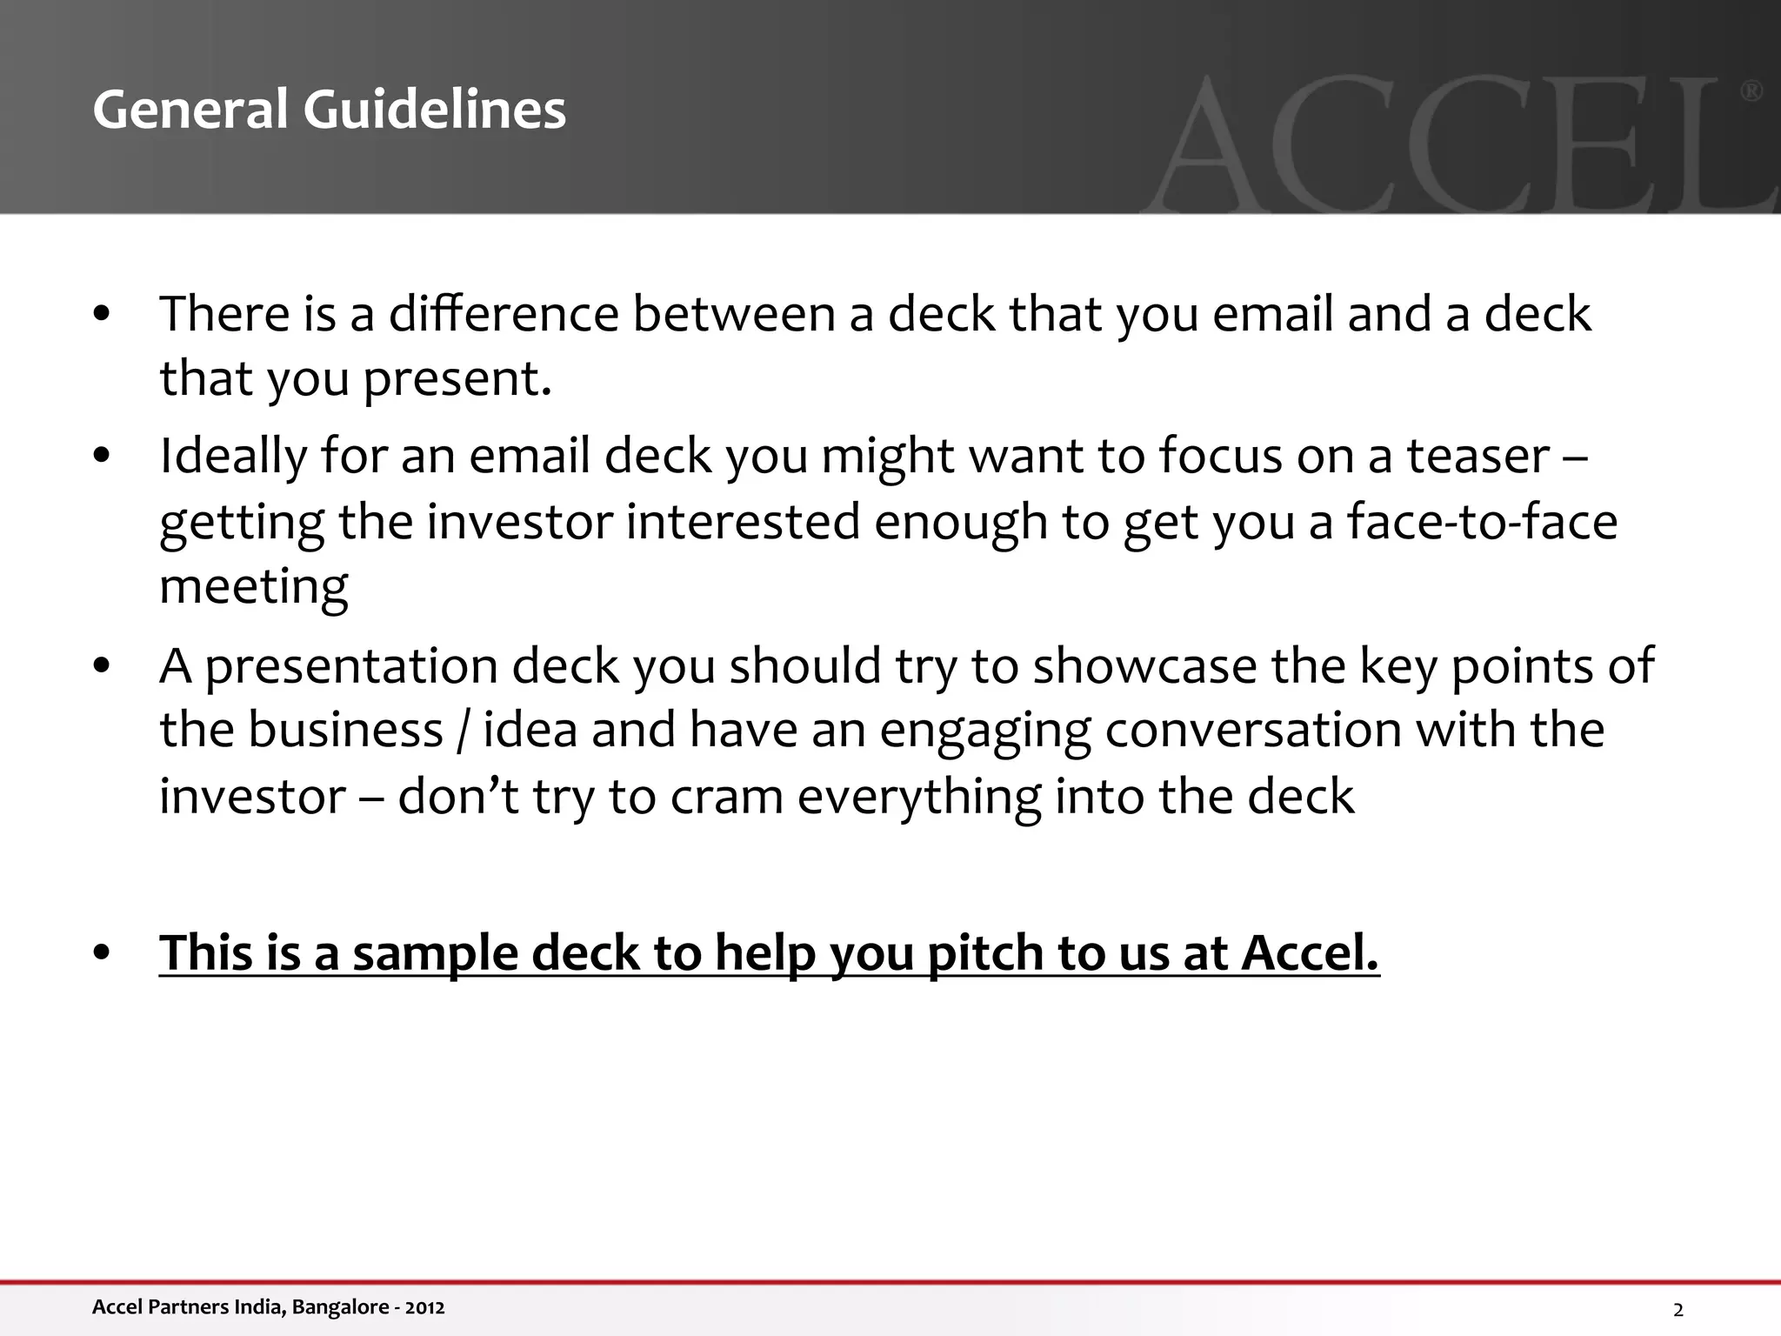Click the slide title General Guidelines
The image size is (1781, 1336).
pos(329,110)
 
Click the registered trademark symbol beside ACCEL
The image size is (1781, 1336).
pos(1751,91)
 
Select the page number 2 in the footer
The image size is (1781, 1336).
pos(1678,1310)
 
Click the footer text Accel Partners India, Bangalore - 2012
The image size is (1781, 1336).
pos(268,1307)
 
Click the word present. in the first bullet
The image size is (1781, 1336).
pos(457,378)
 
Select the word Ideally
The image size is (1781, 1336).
pos(233,457)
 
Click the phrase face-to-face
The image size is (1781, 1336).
pos(1482,522)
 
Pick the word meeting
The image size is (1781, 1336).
pos(254,587)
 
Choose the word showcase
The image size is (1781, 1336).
pos(1144,665)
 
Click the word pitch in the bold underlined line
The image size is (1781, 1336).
pos(978,953)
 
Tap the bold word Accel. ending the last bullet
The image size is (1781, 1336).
pos(1310,952)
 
